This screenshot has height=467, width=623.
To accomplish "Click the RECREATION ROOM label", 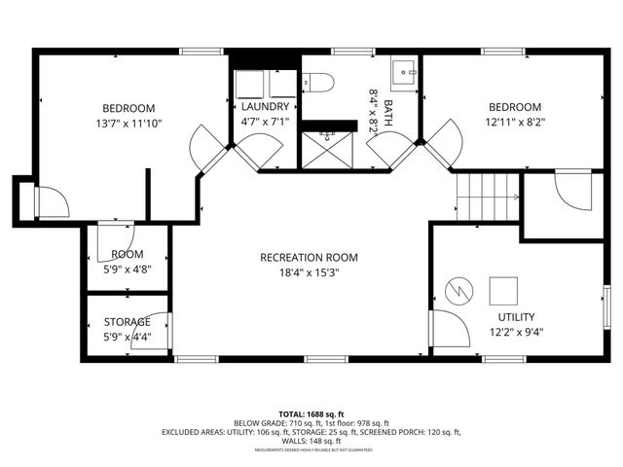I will [309, 258].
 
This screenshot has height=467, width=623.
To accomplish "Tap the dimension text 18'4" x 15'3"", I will [309, 273].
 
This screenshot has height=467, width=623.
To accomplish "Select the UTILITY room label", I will [515, 317].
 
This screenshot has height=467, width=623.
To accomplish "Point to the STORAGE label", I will [128, 322].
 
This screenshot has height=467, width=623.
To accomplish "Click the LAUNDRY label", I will [265, 107].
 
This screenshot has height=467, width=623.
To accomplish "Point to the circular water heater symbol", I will [458, 290].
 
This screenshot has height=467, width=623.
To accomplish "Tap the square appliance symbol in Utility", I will [503, 291].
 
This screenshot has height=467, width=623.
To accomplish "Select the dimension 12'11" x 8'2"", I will [514, 124].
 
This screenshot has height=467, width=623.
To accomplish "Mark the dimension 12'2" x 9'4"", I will [515, 333].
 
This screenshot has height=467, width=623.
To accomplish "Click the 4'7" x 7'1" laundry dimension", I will [265, 124].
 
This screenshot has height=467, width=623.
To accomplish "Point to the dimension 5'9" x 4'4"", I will [127, 338].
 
